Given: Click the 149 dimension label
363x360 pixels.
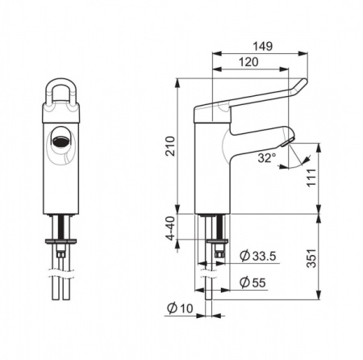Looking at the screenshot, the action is coord(263,46).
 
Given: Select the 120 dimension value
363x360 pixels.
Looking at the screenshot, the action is coord(248,62).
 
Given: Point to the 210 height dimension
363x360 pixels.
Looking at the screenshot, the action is coord(170,146).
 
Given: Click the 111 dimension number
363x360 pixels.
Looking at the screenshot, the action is coord(312,178).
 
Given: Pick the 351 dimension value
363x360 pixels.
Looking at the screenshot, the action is coord(312,258).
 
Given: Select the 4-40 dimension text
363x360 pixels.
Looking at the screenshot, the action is coord(170,228).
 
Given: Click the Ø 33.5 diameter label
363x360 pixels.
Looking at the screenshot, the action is coord(258,256).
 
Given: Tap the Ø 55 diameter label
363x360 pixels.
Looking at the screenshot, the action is coord(252,283).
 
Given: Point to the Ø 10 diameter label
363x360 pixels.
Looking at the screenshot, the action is coord(180,308).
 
